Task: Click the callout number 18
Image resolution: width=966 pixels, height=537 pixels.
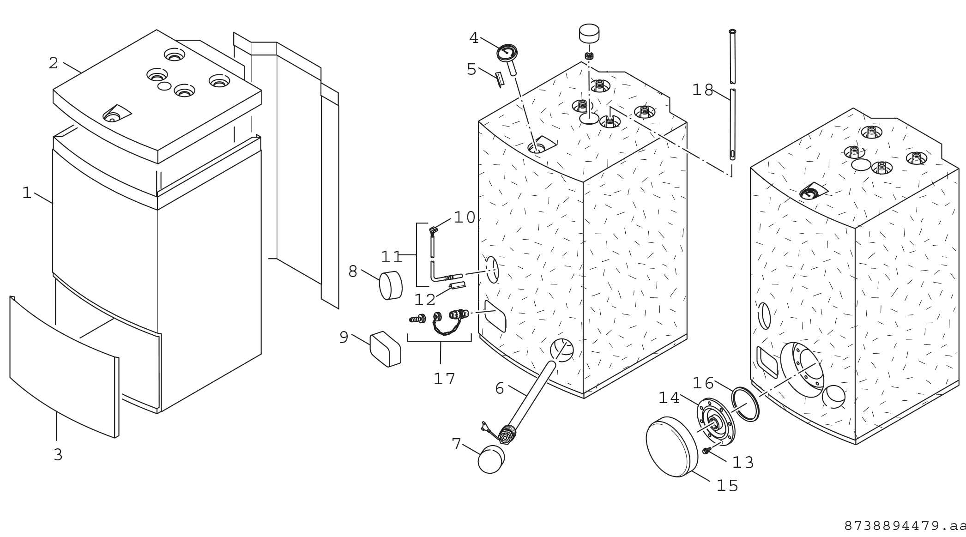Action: click(702, 90)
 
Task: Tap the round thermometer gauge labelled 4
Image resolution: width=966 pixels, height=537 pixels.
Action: click(507, 52)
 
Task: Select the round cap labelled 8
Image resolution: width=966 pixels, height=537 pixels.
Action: click(390, 285)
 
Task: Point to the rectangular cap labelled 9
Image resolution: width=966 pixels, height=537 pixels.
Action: click(386, 349)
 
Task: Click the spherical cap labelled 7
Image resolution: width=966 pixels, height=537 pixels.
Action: click(491, 459)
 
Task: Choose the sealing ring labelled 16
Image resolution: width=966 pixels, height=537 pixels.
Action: click(745, 404)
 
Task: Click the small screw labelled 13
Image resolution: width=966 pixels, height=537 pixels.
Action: click(706, 451)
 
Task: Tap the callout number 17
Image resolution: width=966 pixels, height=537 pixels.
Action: click(444, 379)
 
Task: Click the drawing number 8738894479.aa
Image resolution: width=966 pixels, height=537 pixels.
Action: click(905, 526)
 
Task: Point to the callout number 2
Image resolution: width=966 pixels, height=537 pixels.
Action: click(54, 63)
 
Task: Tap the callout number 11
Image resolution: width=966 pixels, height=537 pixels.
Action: click(392, 257)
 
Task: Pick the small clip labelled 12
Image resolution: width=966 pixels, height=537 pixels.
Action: click(458, 287)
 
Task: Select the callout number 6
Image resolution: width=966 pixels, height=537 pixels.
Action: click(499, 389)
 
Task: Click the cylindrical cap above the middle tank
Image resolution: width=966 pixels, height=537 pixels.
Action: click(589, 34)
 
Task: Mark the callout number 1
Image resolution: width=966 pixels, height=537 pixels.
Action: click(27, 193)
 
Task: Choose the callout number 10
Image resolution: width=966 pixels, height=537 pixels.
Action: click(464, 217)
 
